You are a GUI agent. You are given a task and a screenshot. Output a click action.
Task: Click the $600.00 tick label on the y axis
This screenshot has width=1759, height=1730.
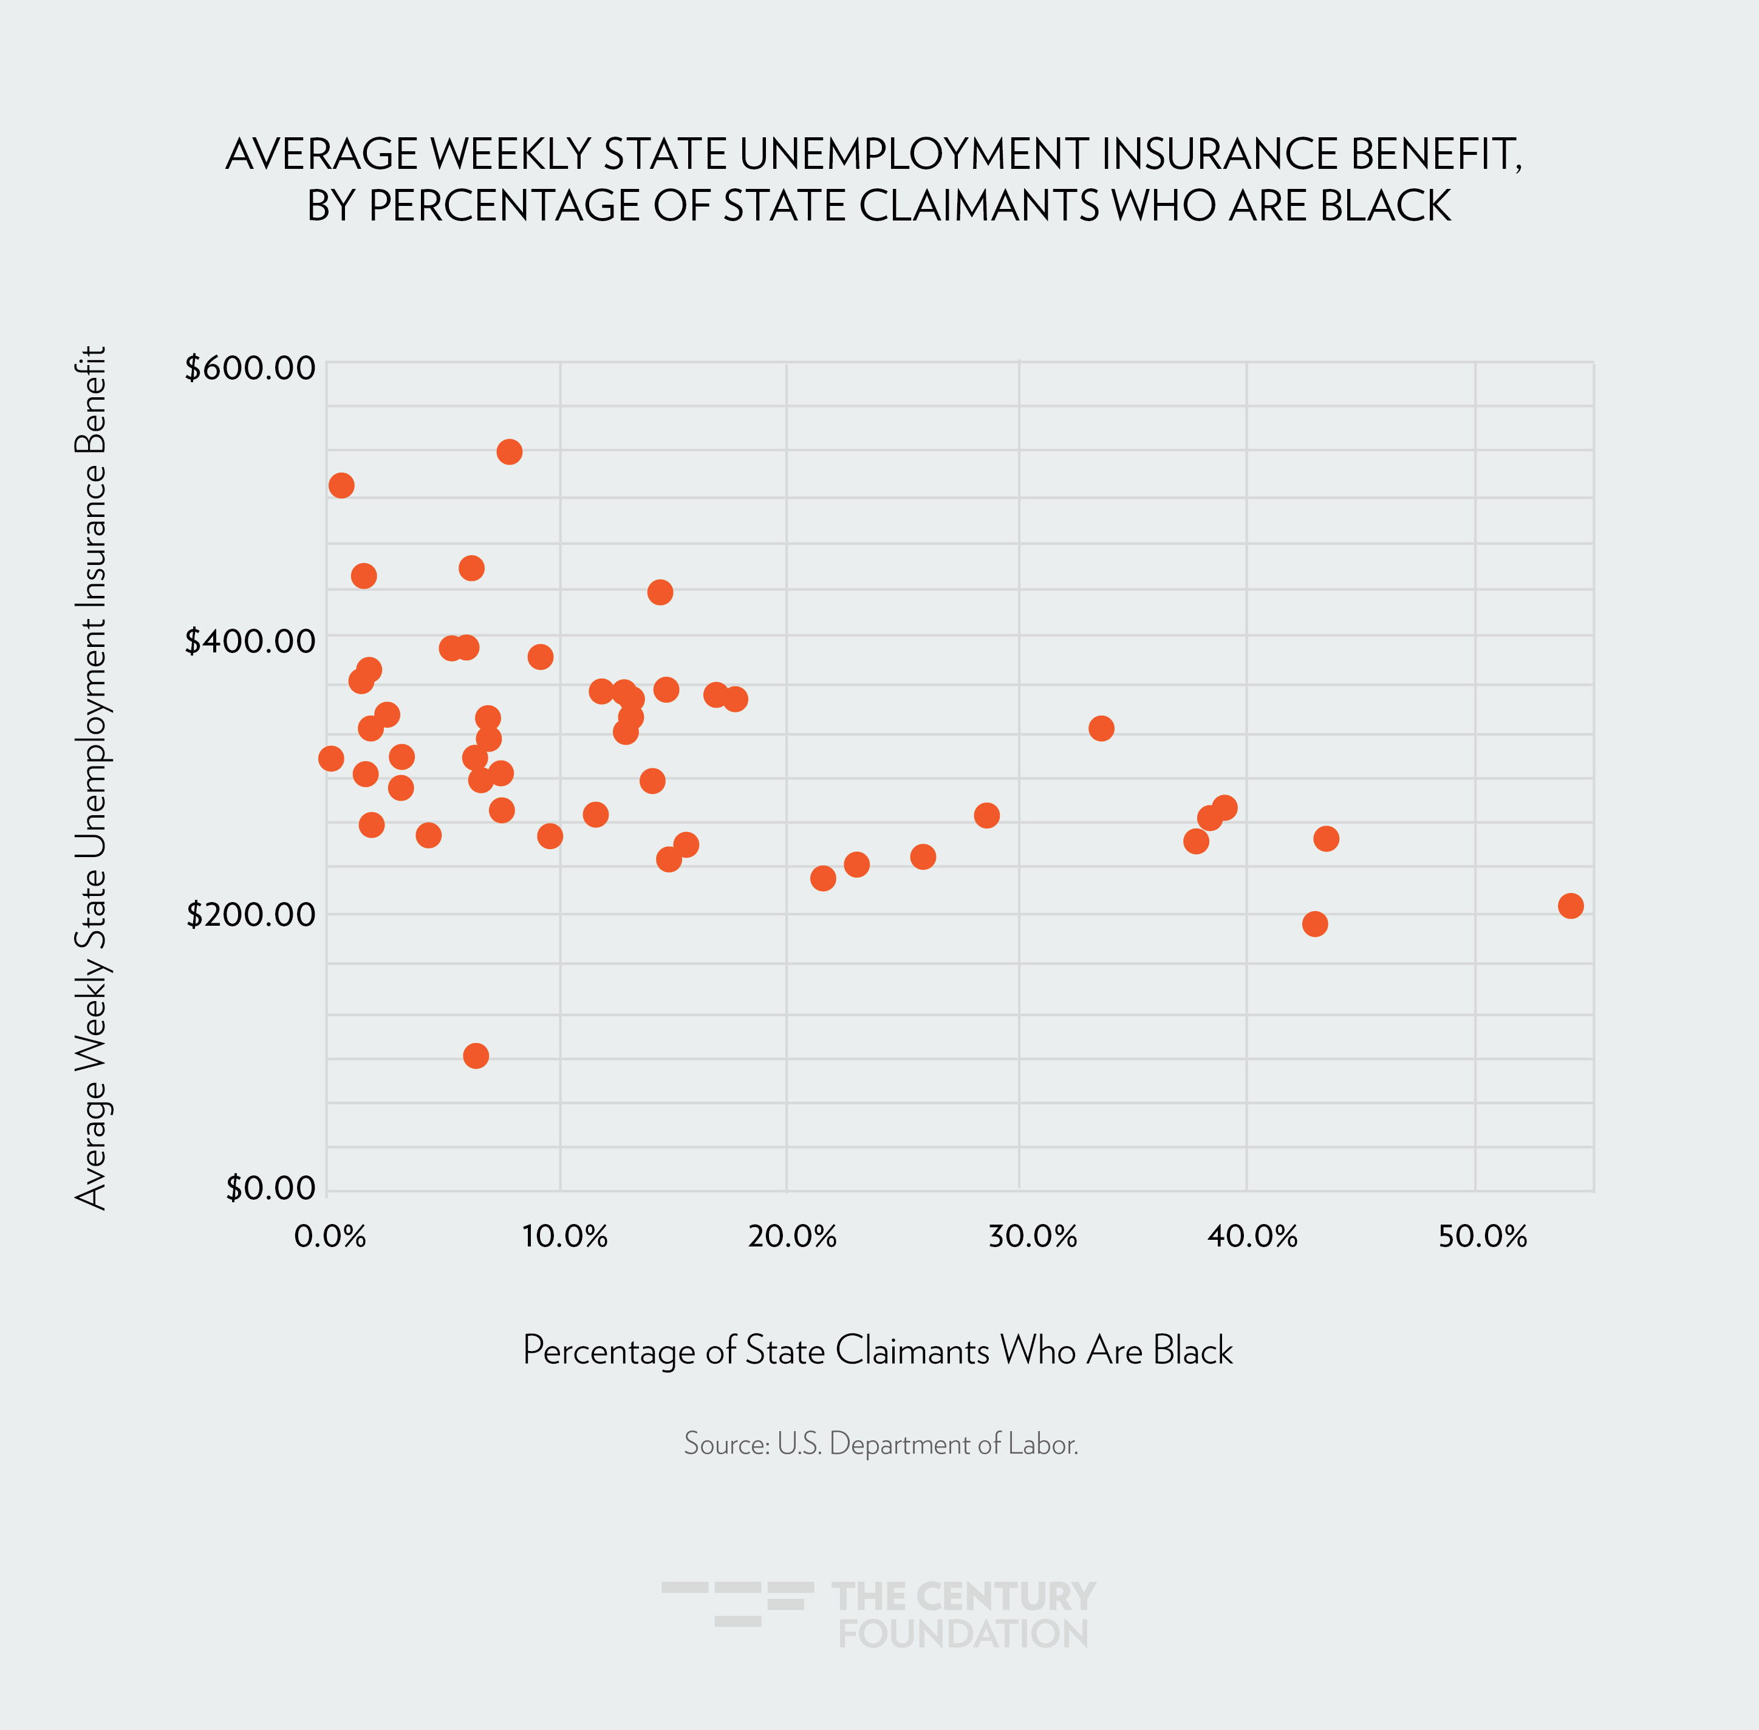(x=250, y=368)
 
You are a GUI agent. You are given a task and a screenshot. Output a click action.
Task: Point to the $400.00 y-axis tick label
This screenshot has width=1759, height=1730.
(x=250, y=641)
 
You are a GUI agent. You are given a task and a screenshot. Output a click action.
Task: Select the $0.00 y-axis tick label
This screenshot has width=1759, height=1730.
(x=271, y=1188)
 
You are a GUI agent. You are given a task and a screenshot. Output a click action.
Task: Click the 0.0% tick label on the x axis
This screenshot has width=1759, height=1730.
(x=330, y=1237)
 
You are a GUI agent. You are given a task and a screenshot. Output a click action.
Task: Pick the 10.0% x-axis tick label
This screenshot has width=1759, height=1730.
(x=564, y=1237)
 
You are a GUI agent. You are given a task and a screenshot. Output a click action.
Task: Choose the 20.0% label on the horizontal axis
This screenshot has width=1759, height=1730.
(x=792, y=1237)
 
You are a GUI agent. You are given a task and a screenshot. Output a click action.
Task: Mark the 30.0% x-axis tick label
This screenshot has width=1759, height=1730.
(x=1032, y=1237)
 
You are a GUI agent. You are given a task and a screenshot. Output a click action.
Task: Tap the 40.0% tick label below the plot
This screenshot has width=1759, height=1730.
(x=1252, y=1237)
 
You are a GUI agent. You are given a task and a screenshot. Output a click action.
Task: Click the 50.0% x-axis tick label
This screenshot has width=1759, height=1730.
(x=1483, y=1237)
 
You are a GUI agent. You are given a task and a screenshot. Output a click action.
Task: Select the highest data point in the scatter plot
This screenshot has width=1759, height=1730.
(x=509, y=451)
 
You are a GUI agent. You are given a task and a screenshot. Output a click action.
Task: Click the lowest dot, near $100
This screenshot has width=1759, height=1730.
(x=475, y=1056)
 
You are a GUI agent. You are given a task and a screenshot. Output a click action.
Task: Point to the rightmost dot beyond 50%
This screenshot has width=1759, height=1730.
(x=1570, y=906)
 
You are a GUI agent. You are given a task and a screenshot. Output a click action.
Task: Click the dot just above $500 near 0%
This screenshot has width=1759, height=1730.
(x=341, y=485)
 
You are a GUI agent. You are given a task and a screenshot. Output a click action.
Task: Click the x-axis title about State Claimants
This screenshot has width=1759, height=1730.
(x=878, y=1350)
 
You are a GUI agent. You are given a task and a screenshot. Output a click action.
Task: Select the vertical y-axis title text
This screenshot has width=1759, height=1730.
(x=91, y=777)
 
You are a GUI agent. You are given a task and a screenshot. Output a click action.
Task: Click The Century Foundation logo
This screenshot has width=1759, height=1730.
(x=879, y=1615)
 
